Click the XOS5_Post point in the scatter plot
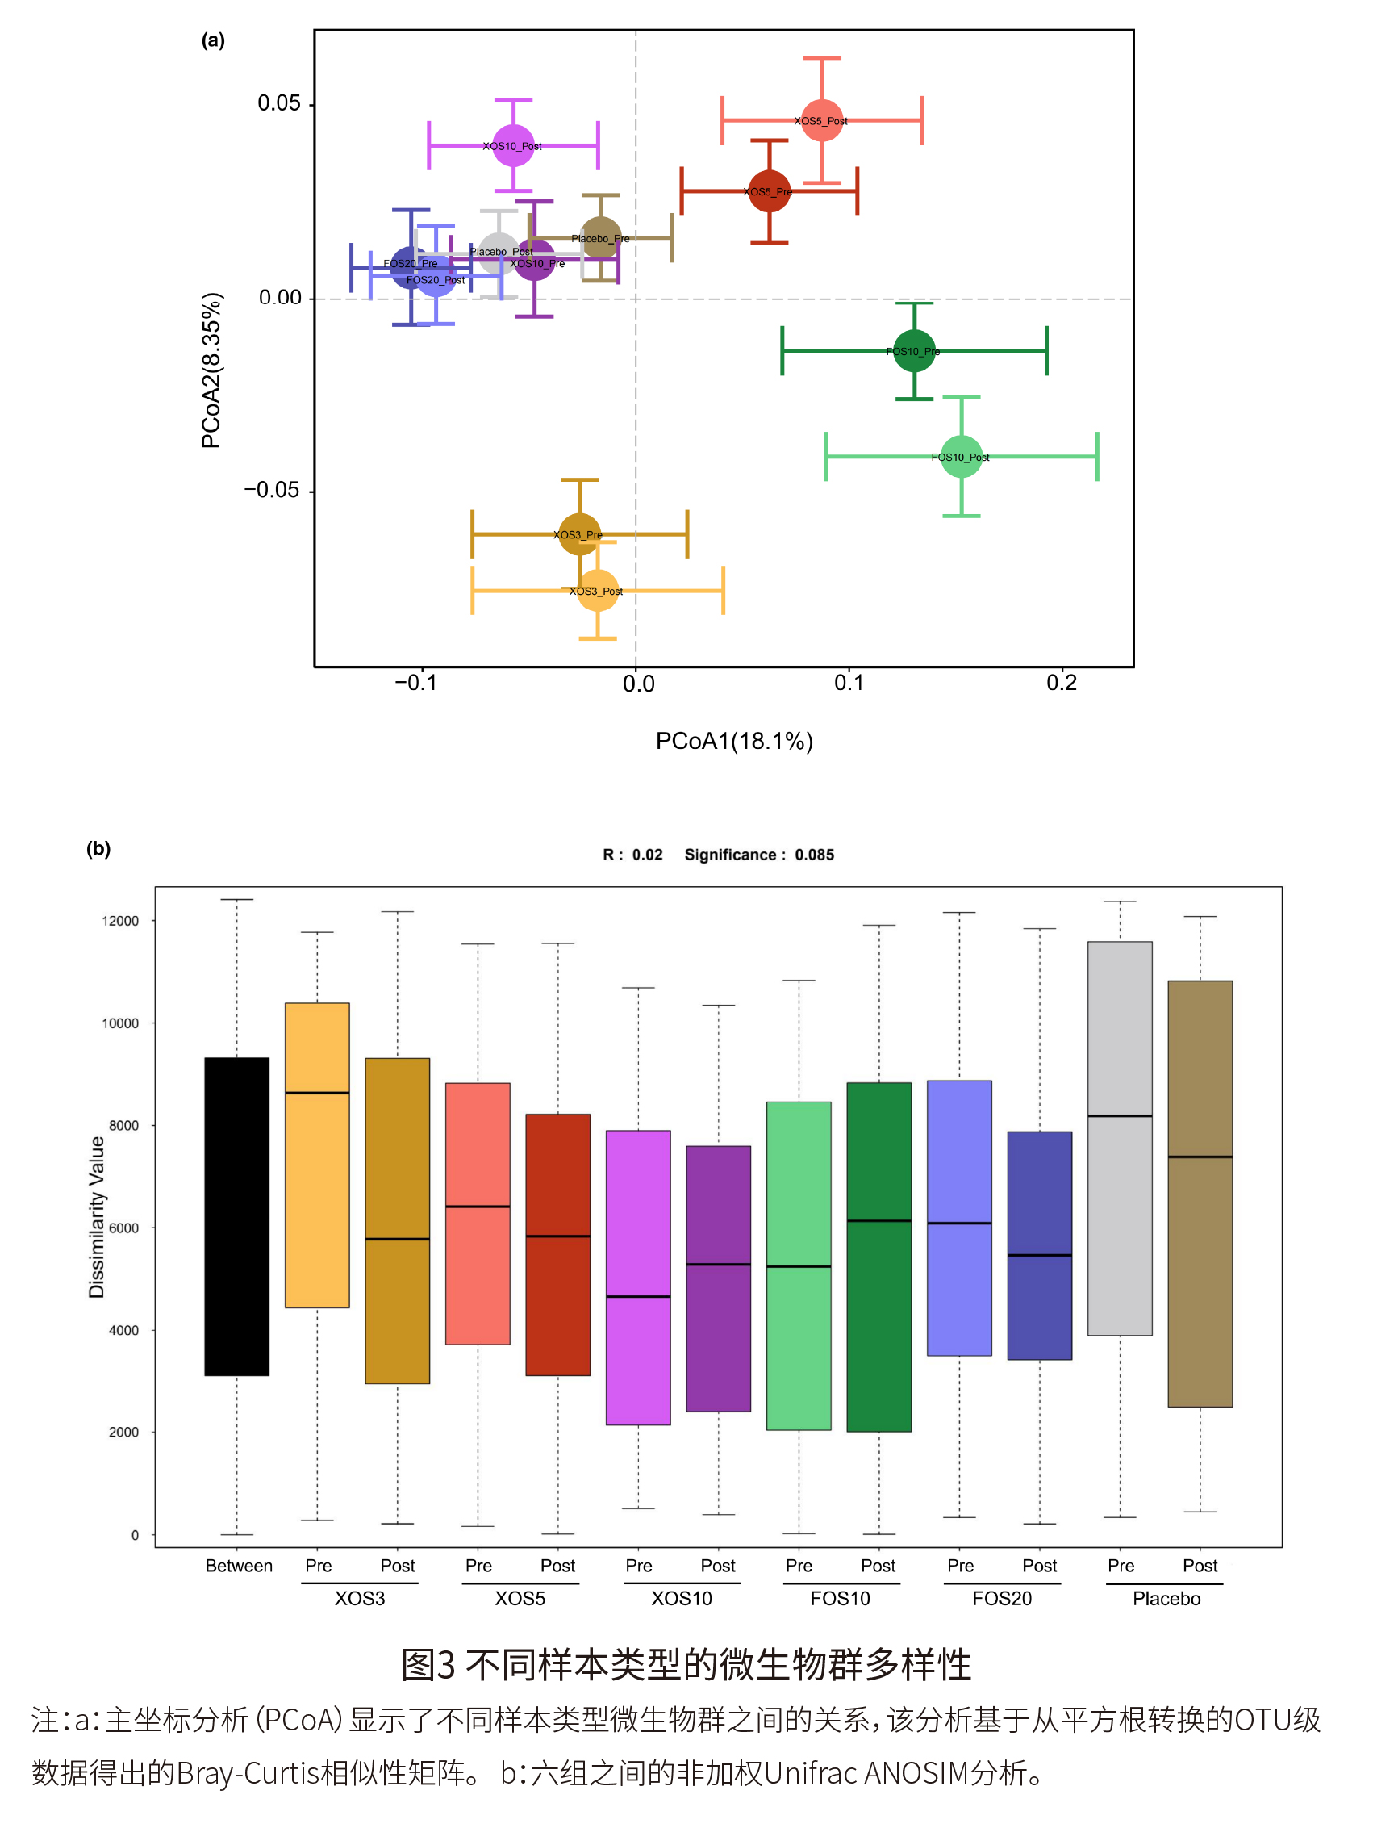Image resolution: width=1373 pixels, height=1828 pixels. point(821,120)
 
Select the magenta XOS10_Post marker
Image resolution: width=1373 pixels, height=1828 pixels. point(513,145)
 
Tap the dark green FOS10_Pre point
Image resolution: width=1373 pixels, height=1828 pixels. point(914,350)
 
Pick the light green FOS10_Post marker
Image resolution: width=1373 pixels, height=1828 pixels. point(961,456)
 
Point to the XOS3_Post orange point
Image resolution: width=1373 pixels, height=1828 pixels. point(597,591)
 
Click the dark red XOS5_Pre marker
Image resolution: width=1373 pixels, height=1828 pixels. point(769,191)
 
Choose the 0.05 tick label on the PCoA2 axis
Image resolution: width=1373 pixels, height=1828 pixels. point(279,103)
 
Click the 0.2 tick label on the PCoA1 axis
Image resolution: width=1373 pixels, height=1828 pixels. point(1061,684)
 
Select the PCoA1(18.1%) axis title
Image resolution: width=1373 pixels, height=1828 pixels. point(733,741)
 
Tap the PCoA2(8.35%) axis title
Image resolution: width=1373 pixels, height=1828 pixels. point(211,370)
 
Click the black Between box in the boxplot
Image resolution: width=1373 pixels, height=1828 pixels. point(237,1216)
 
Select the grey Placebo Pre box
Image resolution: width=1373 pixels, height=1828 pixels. point(1120,1139)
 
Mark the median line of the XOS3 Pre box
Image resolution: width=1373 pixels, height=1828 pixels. point(317,1094)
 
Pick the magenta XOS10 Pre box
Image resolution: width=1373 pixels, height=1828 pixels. point(638,1278)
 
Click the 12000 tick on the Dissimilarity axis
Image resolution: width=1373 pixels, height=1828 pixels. point(121,922)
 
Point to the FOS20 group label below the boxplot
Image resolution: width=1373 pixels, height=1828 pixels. point(1001,1599)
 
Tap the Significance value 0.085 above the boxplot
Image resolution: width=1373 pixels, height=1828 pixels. point(815,855)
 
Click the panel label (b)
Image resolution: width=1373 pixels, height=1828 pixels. point(98,849)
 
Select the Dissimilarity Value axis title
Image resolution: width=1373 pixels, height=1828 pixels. point(97,1217)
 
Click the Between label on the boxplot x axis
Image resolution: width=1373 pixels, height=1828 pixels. point(239,1566)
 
